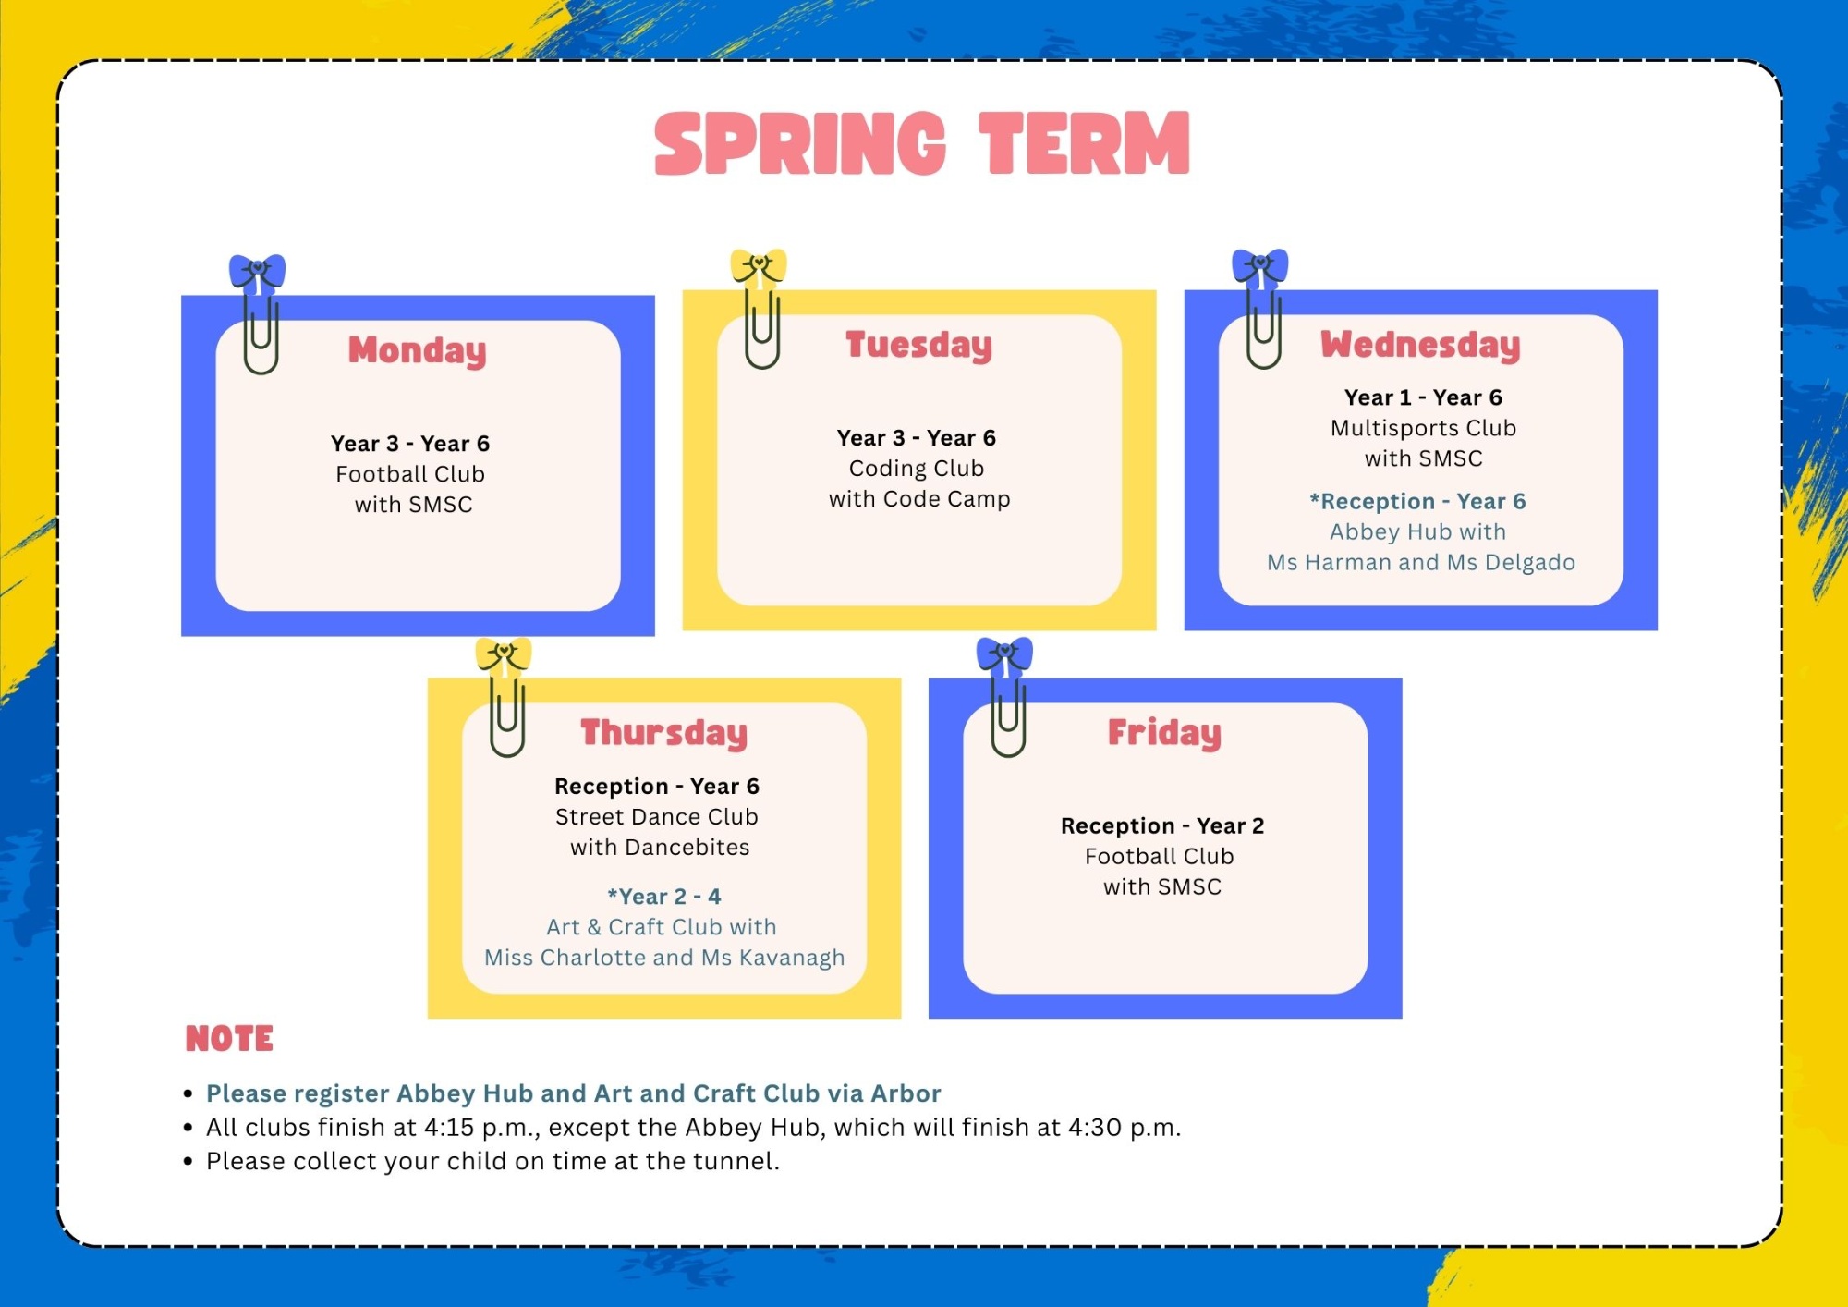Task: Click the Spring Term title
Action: click(922, 143)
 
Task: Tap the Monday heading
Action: click(417, 350)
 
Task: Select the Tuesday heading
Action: click(918, 345)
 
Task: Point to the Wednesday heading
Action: click(1420, 345)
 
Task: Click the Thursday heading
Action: click(663, 733)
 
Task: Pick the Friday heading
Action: click(1164, 733)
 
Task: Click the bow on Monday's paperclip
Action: click(257, 272)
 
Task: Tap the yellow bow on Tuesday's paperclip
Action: click(759, 266)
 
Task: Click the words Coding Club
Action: click(917, 469)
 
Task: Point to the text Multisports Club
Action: click(1423, 428)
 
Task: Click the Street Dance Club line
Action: click(657, 817)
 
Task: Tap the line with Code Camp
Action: click(919, 499)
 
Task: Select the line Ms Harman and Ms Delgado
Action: click(1421, 563)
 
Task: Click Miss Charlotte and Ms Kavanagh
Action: click(664, 958)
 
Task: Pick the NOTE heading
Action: click(229, 1039)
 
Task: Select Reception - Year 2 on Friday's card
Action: click(1162, 825)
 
